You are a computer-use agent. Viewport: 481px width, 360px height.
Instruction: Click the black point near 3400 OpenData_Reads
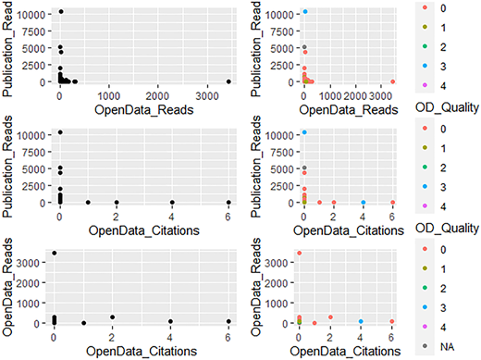click(228, 81)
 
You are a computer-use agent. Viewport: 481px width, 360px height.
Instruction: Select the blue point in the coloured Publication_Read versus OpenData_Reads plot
click(305, 12)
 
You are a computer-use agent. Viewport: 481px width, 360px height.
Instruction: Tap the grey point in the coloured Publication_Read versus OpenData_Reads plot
click(304, 47)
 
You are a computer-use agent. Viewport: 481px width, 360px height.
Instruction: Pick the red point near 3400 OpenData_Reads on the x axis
click(392, 81)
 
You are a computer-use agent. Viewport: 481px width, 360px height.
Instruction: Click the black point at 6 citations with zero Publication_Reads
click(228, 203)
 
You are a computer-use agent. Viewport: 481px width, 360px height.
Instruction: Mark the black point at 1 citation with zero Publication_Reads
click(88, 203)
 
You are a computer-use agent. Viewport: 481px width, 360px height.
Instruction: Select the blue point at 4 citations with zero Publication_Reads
click(364, 203)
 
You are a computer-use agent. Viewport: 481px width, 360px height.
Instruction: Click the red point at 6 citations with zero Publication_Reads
click(392, 203)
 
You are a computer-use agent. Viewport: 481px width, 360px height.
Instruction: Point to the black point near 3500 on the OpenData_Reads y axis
click(55, 253)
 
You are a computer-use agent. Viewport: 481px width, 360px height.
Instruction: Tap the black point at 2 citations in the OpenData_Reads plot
click(113, 317)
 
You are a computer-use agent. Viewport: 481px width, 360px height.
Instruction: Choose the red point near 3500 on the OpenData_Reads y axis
click(299, 253)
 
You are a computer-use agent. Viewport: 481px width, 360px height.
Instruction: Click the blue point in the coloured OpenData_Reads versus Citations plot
click(361, 321)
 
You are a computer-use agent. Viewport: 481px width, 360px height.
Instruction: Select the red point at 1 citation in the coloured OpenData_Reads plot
click(314, 323)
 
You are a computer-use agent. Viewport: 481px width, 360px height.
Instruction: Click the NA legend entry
click(447, 347)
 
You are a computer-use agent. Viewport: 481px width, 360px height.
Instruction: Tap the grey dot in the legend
click(425, 346)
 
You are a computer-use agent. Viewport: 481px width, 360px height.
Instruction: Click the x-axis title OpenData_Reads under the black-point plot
click(144, 110)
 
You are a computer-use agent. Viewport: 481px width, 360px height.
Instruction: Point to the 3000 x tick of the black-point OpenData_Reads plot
click(207, 96)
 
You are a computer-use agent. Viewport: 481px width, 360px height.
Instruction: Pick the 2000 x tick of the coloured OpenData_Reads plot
click(355, 96)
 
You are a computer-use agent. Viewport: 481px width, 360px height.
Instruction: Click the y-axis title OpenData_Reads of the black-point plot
click(6, 287)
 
